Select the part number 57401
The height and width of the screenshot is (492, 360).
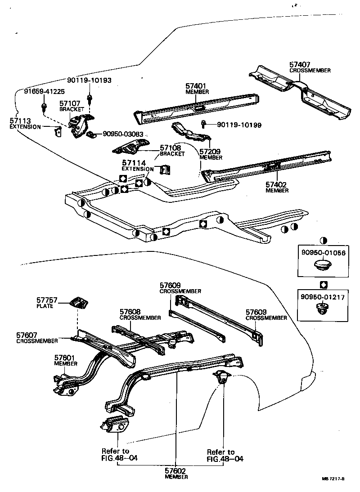click(x=197, y=86)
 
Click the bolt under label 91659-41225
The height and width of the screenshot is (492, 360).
click(x=44, y=107)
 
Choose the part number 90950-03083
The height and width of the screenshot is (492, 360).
click(x=124, y=134)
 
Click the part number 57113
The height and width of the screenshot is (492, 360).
click(x=19, y=121)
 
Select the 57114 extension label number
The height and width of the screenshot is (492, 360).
click(x=131, y=163)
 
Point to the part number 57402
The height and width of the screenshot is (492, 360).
click(x=277, y=184)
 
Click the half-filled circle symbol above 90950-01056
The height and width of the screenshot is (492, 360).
click(x=323, y=241)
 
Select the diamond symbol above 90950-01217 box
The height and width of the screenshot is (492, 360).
click(x=323, y=284)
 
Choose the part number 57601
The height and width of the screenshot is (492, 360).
click(x=64, y=358)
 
